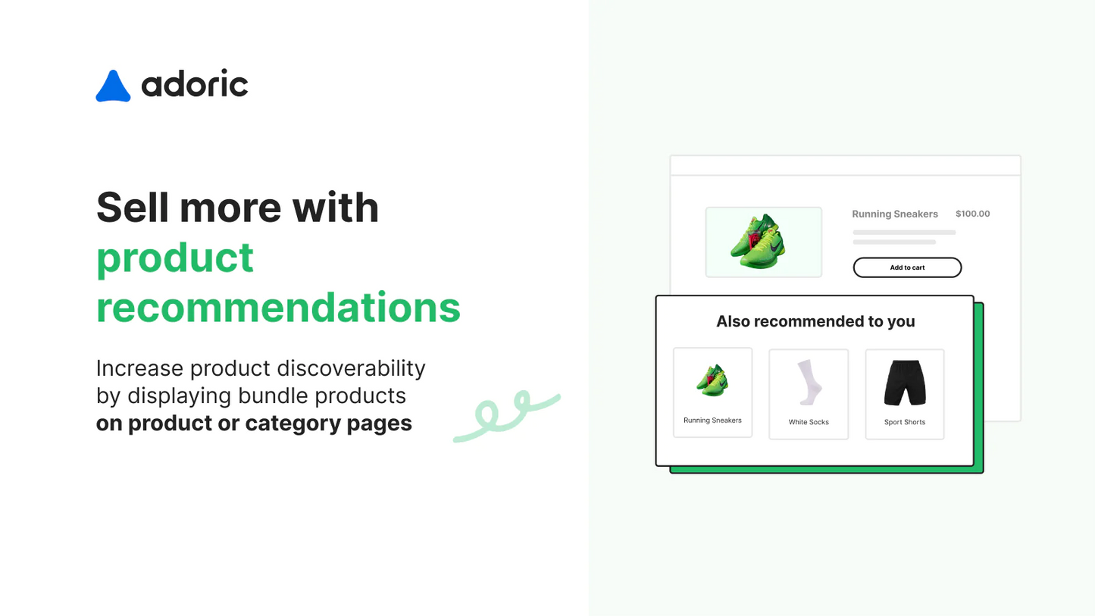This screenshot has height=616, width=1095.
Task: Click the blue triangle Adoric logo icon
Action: coord(113,87)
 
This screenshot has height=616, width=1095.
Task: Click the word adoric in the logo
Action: coord(195,84)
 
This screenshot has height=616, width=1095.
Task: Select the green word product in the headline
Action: coord(175,258)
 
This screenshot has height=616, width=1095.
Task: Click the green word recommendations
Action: coord(278,308)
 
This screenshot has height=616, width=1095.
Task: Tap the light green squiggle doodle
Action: coord(505,415)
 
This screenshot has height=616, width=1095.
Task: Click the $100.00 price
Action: coord(972,214)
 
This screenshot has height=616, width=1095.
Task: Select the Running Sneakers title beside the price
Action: coord(895,214)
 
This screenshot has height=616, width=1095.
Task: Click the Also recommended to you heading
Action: coord(815,321)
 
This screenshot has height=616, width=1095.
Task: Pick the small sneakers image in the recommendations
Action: coord(712,380)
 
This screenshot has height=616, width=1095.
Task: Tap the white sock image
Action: coord(809,382)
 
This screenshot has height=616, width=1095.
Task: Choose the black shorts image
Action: coord(904,383)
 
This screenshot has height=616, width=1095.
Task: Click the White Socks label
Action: coord(809,422)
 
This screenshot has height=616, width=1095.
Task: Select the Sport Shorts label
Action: coord(904,422)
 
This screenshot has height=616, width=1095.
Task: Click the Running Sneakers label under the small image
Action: coord(712,421)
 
